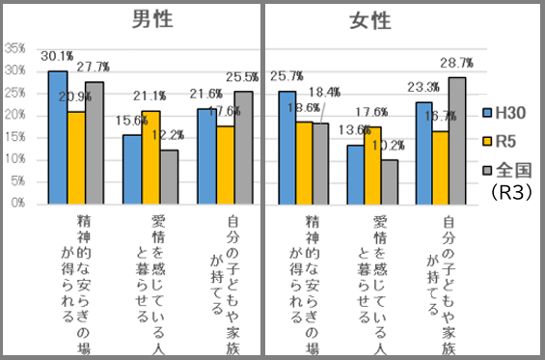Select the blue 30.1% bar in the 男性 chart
[x=57, y=137]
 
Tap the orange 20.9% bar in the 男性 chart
[x=75, y=157]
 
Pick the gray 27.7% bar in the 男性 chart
[x=94, y=142]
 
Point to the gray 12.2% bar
[x=169, y=177]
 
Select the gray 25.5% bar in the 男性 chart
[x=243, y=147]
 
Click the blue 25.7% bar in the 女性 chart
[x=286, y=147]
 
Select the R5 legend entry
[x=503, y=140]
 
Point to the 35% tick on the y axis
[x=15, y=47]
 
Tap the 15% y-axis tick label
[x=15, y=137]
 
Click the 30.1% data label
[x=56, y=56]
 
